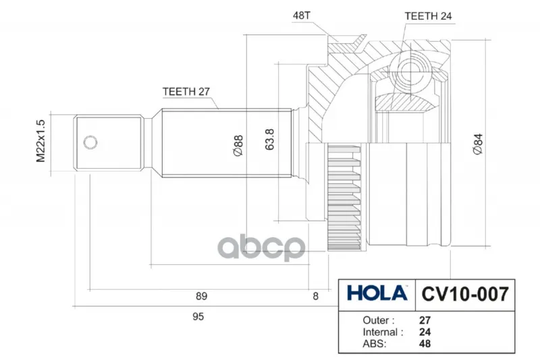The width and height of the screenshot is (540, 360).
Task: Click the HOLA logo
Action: (x=377, y=294)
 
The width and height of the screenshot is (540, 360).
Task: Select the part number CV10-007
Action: (x=465, y=294)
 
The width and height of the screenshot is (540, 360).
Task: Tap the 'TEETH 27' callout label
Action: (x=186, y=92)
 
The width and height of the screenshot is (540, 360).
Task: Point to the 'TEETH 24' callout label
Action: (x=428, y=16)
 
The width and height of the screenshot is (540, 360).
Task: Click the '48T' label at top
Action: (x=301, y=16)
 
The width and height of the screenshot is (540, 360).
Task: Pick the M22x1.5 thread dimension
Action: (x=40, y=141)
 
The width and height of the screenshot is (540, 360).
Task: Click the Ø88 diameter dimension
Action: (x=238, y=145)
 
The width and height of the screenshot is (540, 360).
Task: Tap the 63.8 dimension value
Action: (x=269, y=139)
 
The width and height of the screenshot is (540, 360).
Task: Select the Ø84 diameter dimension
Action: (x=478, y=144)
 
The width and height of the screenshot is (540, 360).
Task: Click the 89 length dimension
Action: (x=201, y=297)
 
